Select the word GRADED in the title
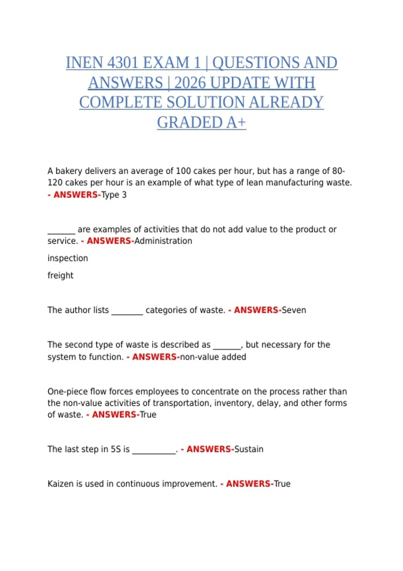[x=190, y=123]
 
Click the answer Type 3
[x=114, y=195]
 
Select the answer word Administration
[x=163, y=241]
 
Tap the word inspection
[x=68, y=258]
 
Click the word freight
[x=60, y=275]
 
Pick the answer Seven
[x=294, y=310]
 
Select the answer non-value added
[x=213, y=357]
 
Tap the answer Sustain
[x=249, y=449]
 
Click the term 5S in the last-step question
[x=116, y=449]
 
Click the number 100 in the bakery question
[x=183, y=171]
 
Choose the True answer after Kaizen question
[x=282, y=484]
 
